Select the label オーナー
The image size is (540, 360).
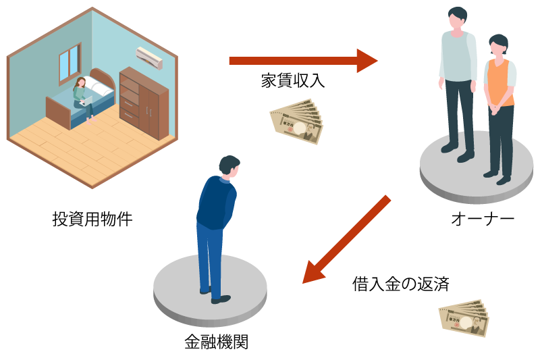click(483, 219)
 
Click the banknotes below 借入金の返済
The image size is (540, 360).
click(464, 317)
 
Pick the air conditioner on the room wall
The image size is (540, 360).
click(151, 57)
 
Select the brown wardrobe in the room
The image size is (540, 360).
click(144, 102)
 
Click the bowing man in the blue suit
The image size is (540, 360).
click(216, 223)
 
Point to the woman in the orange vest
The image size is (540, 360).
click(500, 101)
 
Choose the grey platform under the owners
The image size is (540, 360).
click(473, 169)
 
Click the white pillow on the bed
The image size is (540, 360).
click(101, 84)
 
